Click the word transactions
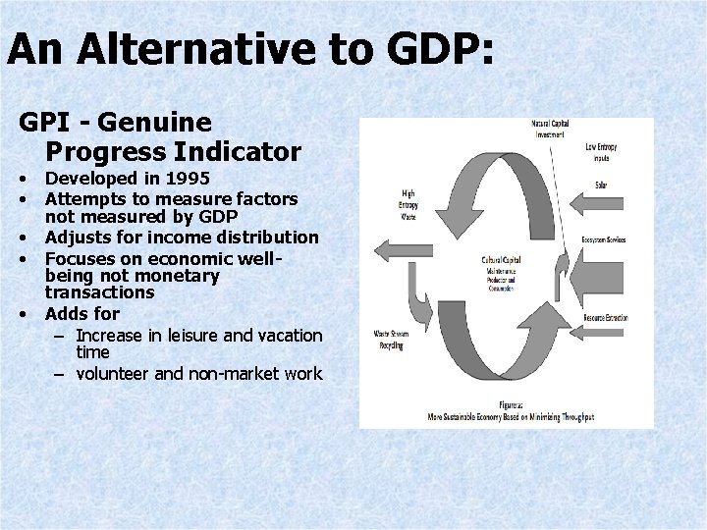(99, 292)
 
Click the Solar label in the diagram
(600, 185)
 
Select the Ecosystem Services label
(602, 239)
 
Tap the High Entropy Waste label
(408, 204)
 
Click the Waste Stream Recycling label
(392, 340)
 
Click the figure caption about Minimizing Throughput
(510, 413)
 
